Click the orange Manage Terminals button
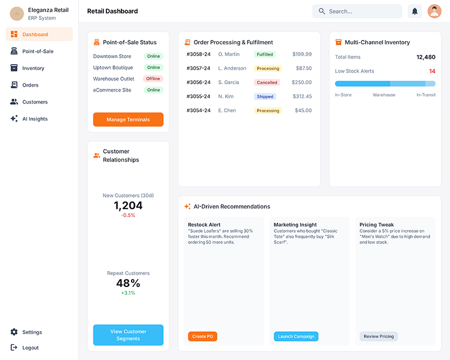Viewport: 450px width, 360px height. click(128, 120)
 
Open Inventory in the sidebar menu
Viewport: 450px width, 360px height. click(33, 68)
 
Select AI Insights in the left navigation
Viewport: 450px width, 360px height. click(35, 119)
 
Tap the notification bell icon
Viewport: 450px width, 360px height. click(415, 11)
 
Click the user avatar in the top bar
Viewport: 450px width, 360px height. click(434, 11)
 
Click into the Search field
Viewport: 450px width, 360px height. click(360, 11)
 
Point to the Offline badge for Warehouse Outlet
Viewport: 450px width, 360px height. click(153, 79)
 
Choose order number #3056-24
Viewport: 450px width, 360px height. click(198, 82)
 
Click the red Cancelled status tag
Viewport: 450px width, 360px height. click(267, 82)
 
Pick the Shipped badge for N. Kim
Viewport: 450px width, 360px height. click(265, 96)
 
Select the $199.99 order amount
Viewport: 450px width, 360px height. click(301, 54)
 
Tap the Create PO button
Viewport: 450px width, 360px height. click(202, 336)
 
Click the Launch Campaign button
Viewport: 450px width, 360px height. click(296, 336)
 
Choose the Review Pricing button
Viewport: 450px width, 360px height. click(379, 336)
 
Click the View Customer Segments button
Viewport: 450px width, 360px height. click(128, 335)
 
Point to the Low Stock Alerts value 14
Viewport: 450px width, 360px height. click(432, 71)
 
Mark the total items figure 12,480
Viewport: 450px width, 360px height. click(425, 57)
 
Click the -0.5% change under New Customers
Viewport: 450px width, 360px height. click(128, 215)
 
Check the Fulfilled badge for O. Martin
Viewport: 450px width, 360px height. click(265, 54)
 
